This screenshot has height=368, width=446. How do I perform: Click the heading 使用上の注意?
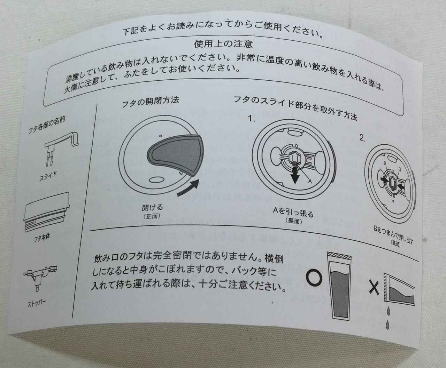pyautogui.click(x=223, y=44)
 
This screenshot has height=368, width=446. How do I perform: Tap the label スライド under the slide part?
pyautogui.click(x=48, y=176)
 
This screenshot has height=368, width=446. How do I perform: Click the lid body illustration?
pyautogui.click(x=47, y=212)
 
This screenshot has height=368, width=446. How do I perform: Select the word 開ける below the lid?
pyautogui.click(x=152, y=207)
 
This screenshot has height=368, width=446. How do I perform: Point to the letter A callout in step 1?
pyautogui.click(x=310, y=181)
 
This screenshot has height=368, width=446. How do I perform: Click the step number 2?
pyautogui.click(x=362, y=138)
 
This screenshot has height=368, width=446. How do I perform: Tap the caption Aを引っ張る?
pyautogui.click(x=293, y=212)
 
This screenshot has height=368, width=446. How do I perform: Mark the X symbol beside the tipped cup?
pyautogui.click(x=374, y=288)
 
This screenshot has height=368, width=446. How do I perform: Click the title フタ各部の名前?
pyautogui.click(x=47, y=125)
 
